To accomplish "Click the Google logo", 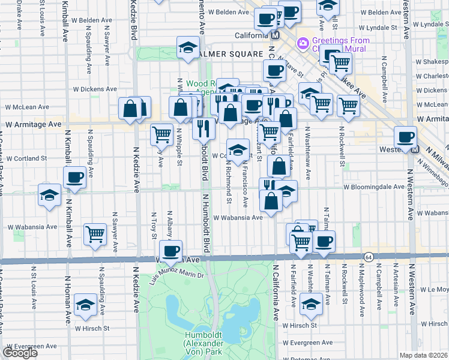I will tap(20, 353).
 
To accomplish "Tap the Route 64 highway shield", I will tap(368, 256).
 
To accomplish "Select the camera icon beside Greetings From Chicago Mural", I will tap(303, 42).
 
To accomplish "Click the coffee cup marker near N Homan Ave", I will tap(76, 177).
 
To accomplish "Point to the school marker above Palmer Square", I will tap(188, 47).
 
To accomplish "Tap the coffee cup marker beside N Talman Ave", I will tap(324, 241).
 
